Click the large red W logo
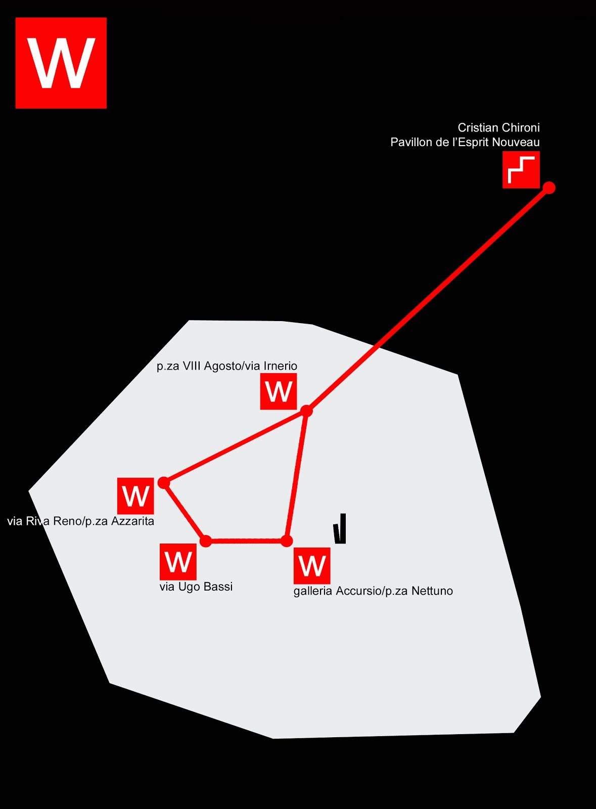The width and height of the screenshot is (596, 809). tap(61, 63)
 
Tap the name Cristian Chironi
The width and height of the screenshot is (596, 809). tap(498, 127)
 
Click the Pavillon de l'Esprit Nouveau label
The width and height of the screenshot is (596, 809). tap(465, 143)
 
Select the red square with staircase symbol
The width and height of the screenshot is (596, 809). tap(521, 170)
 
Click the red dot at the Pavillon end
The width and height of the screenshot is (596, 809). tap(549, 188)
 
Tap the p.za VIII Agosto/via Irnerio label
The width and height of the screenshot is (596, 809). tap(227, 366)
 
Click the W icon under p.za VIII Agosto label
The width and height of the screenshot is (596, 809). tap(279, 391)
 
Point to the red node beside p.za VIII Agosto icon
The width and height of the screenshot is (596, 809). tap(306, 411)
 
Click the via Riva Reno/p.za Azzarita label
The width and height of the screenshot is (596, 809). tap(81, 521)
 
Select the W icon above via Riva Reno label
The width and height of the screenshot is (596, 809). tap(135, 496)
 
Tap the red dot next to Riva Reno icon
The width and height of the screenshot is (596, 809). tap(164, 483)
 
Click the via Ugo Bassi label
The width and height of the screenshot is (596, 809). tap(196, 587)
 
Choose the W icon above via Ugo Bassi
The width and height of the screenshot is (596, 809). tap(178, 562)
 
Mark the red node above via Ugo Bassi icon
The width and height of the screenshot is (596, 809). tap(206, 541)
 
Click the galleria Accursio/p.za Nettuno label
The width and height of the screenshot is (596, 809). tap(373, 591)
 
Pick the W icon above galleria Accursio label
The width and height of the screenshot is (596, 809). tap(312, 566)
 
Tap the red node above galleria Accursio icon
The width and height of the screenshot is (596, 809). tap(287, 541)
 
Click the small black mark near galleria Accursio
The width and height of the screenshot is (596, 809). tap(340, 530)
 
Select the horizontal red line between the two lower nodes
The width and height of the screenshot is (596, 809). tap(246, 541)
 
